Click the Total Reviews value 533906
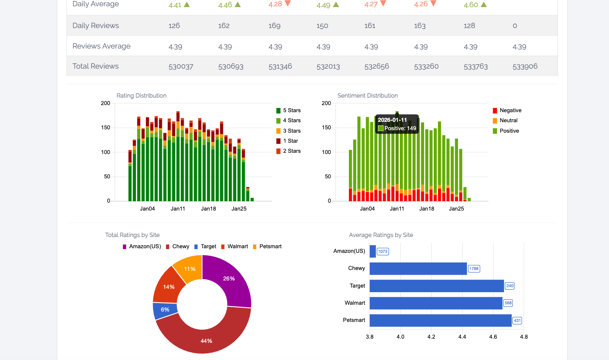tap(525, 66)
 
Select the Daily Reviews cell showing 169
tap(274, 26)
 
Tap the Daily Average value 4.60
tap(471, 5)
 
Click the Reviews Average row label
tap(101, 46)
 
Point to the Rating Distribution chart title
tap(141, 95)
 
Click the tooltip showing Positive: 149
tap(397, 124)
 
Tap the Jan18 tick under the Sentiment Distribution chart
tap(427, 208)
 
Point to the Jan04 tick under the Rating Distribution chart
tap(147, 208)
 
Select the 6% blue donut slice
tap(165, 310)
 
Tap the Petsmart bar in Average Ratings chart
tap(440, 320)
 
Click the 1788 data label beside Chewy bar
tap(473, 269)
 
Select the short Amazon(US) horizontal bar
tap(373, 251)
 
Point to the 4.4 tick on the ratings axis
tap(462, 337)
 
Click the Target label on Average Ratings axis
tap(357, 285)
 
